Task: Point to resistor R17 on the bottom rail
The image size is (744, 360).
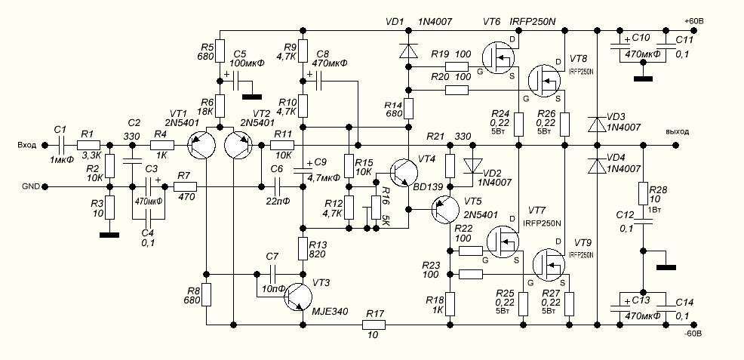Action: (x=374, y=325)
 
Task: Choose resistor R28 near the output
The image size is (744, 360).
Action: (x=644, y=193)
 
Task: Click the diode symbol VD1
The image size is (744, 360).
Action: (x=408, y=51)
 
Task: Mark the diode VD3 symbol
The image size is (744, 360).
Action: (x=597, y=122)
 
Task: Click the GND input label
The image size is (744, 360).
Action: (x=31, y=186)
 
